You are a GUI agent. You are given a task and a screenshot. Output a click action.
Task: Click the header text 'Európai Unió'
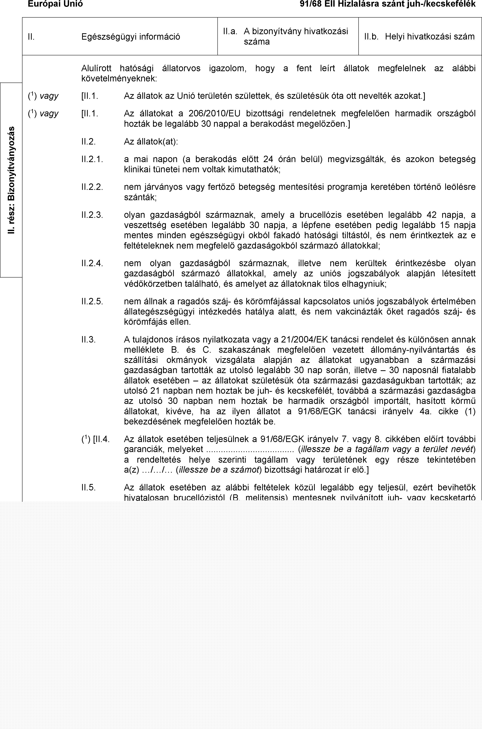click(55, 4)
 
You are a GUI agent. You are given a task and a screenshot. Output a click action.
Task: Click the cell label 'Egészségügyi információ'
click(131, 37)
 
